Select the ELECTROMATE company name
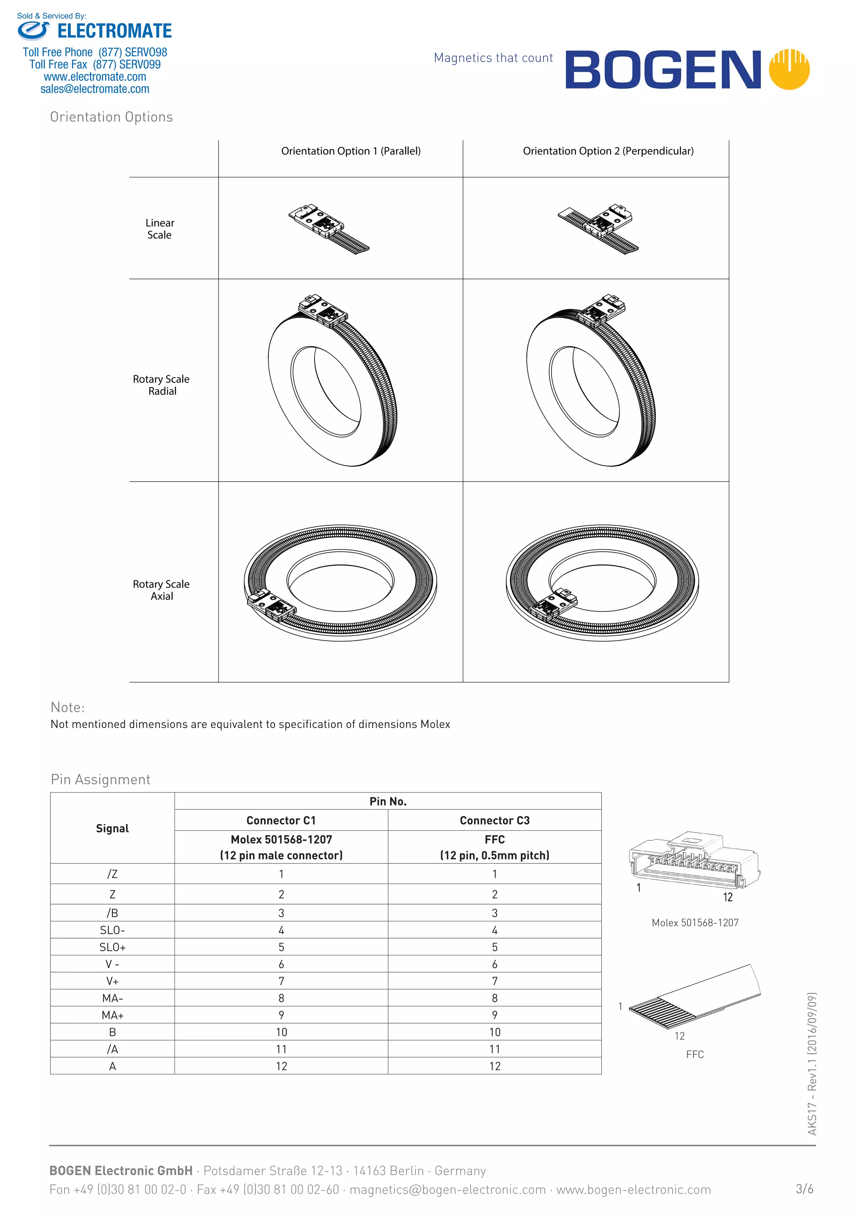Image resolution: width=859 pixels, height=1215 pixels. click(x=114, y=31)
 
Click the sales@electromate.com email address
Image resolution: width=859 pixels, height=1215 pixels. click(x=95, y=89)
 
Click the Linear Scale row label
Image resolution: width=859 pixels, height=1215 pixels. click(x=160, y=229)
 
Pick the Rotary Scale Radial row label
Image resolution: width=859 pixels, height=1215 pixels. click(x=161, y=385)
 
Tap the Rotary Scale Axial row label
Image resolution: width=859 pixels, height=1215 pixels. click(x=161, y=589)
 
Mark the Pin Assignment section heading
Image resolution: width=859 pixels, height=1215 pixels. click(x=101, y=780)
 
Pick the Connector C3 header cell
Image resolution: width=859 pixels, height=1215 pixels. click(x=495, y=820)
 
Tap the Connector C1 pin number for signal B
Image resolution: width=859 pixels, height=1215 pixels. click(x=281, y=1032)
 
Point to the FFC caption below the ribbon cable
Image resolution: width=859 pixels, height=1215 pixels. click(x=695, y=1054)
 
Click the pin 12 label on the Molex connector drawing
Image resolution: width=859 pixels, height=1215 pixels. click(x=728, y=897)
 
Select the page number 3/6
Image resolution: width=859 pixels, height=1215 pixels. click(x=804, y=1189)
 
